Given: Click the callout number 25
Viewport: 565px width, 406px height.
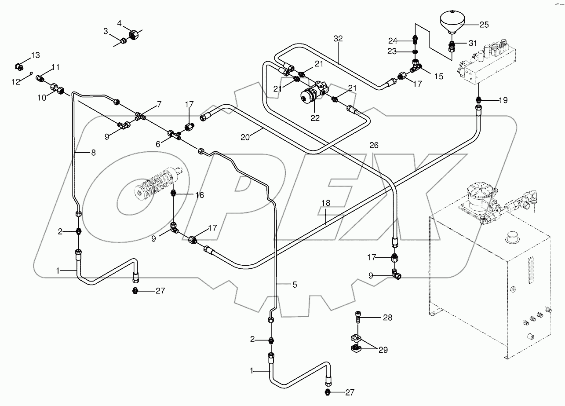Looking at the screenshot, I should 484,25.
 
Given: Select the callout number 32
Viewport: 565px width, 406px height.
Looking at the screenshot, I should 338,39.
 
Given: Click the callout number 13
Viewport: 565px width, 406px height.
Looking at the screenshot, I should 35,55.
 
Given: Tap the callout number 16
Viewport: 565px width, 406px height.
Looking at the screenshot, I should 200,195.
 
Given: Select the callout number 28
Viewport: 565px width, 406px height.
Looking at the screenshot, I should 387,317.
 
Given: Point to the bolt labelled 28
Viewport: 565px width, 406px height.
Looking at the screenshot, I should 358,317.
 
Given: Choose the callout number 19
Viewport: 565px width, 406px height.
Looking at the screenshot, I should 503,100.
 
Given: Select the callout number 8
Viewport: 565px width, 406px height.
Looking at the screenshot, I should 93,153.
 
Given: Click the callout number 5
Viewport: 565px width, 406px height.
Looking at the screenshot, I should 295,285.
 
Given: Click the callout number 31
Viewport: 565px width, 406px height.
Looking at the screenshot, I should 472,43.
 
